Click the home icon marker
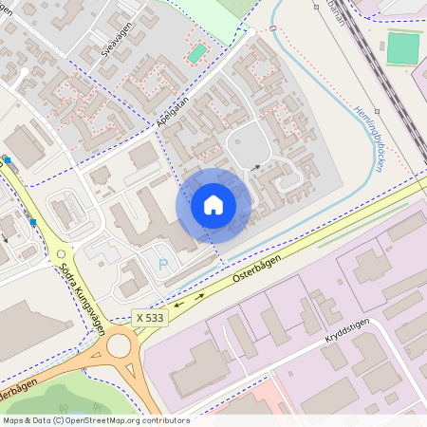[x=213, y=204]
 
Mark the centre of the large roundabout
[x=119, y=345]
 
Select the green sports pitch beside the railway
[x=402, y=48]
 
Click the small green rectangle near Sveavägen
[x=196, y=54]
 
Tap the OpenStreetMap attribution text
[x=95, y=420]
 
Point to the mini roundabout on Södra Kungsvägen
[x=62, y=253]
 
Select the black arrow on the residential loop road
[x=255, y=167]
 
